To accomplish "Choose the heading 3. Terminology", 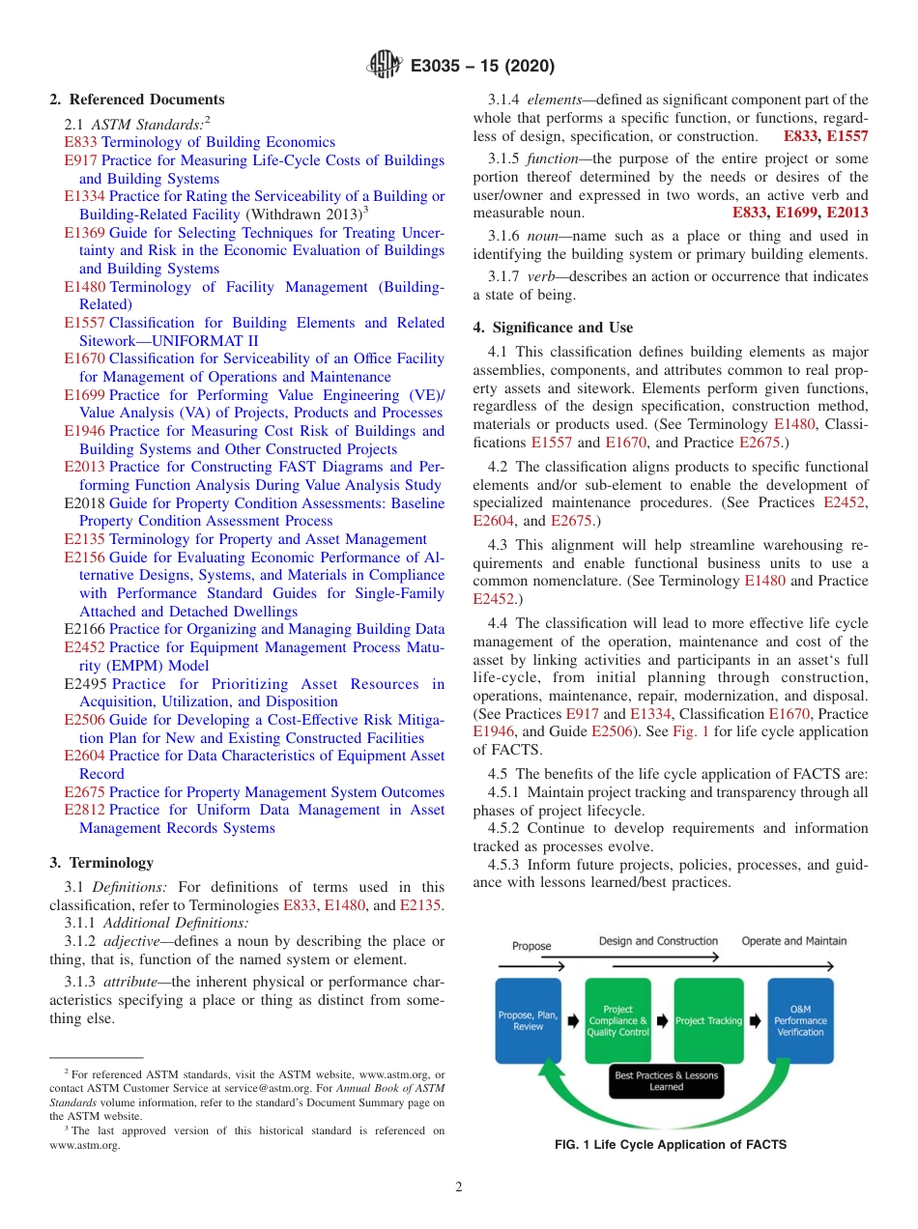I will (x=101, y=863).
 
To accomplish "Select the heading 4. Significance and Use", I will (x=553, y=328).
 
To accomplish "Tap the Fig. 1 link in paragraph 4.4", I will (x=691, y=731).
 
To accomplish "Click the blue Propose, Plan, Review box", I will (x=529, y=1020).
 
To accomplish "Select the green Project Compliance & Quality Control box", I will (x=617, y=1020).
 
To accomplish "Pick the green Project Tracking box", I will (x=708, y=1020).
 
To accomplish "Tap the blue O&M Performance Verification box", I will (x=800, y=1020).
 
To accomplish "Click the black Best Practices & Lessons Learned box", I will (x=666, y=1081).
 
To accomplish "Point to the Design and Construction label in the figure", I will (x=658, y=941).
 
